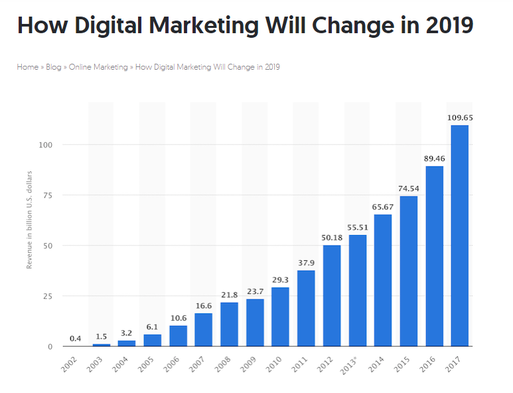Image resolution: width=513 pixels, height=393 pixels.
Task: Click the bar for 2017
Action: coord(459,236)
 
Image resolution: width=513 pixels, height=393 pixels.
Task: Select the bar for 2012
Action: coord(332,296)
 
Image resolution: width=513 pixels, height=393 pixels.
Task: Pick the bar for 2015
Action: coord(409,271)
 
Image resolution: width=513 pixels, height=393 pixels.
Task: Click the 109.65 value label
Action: coord(459,118)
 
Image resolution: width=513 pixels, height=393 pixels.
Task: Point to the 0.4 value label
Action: coord(76,339)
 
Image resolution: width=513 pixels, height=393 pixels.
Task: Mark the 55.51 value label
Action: coord(357,228)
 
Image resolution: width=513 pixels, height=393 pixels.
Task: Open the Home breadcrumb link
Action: coord(27,67)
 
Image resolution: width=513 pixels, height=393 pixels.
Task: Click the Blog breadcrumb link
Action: coord(53,67)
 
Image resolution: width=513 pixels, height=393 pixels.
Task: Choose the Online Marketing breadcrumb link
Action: coord(98,67)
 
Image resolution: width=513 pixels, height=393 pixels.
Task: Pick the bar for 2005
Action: coord(153,341)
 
